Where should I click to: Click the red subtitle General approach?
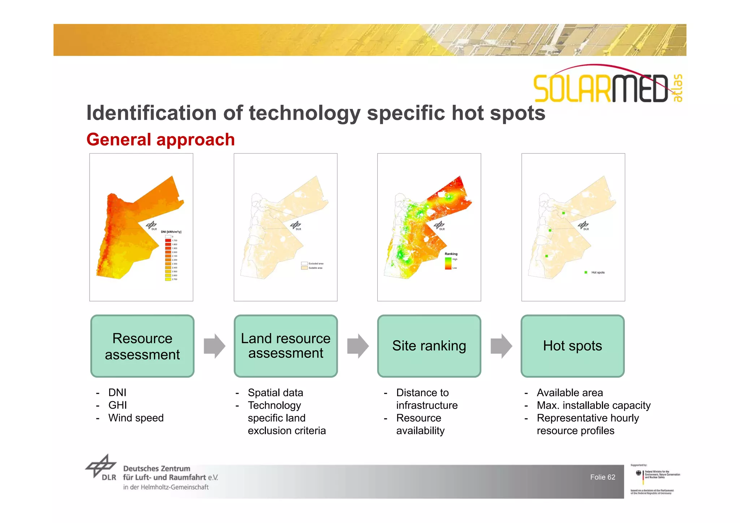pyautogui.click(x=160, y=140)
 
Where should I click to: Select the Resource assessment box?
pyautogui.click(x=142, y=346)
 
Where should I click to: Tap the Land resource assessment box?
pyautogui.click(x=285, y=346)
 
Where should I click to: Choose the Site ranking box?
pyautogui.click(x=429, y=346)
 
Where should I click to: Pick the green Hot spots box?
pyautogui.click(x=572, y=346)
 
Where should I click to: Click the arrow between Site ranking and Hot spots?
pyautogui.click(x=501, y=346)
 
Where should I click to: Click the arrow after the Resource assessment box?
pyautogui.click(x=214, y=346)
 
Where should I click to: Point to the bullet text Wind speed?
pyautogui.click(x=136, y=418)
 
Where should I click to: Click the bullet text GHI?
pyautogui.click(x=117, y=405)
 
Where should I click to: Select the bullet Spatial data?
pyautogui.click(x=275, y=393)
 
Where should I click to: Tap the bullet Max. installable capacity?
pyautogui.click(x=593, y=405)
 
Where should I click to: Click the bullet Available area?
pyautogui.click(x=569, y=393)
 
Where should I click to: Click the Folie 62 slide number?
pyautogui.click(x=602, y=477)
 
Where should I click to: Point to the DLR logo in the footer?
pyautogui.click(x=102, y=468)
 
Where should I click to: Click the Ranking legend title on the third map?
pyautogui.click(x=451, y=254)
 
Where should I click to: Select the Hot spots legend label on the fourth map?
pyautogui.click(x=598, y=272)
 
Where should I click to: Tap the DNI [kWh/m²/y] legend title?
pyautogui.click(x=171, y=232)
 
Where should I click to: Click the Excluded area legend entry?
pyautogui.click(x=315, y=264)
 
